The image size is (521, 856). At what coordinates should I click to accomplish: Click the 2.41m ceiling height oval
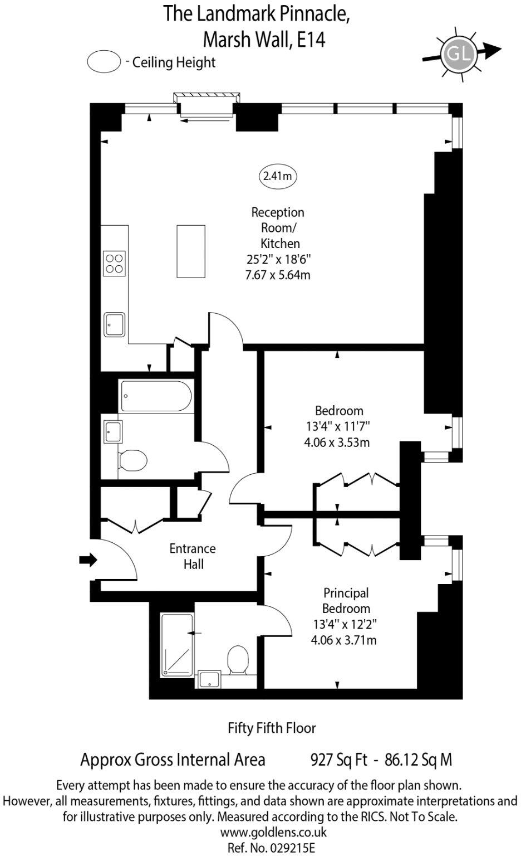[277, 176]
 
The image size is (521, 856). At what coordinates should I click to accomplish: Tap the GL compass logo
[458, 53]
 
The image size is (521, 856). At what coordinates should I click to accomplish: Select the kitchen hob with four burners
[114, 263]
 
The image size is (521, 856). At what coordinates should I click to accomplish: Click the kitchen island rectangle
[190, 251]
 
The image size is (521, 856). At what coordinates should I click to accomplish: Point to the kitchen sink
[115, 324]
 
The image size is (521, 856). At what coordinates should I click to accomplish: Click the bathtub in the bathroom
[156, 396]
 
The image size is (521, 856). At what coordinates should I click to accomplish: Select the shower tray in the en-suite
[177, 645]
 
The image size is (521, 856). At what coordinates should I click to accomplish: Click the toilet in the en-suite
[238, 660]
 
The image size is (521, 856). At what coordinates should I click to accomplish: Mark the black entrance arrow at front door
[88, 560]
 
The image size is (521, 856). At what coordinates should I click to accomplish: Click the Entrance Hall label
[193, 556]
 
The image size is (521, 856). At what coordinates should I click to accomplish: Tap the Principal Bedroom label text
[346, 600]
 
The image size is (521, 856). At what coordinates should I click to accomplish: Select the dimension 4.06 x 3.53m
[339, 442]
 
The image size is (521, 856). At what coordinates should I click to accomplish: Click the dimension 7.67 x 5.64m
[278, 275]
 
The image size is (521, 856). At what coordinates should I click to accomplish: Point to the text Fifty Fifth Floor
[272, 728]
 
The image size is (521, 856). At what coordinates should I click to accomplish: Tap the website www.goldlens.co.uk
[273, 833]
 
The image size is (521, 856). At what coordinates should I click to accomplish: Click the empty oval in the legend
[104, 61]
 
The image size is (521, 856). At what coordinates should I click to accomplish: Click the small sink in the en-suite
[210, 679]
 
